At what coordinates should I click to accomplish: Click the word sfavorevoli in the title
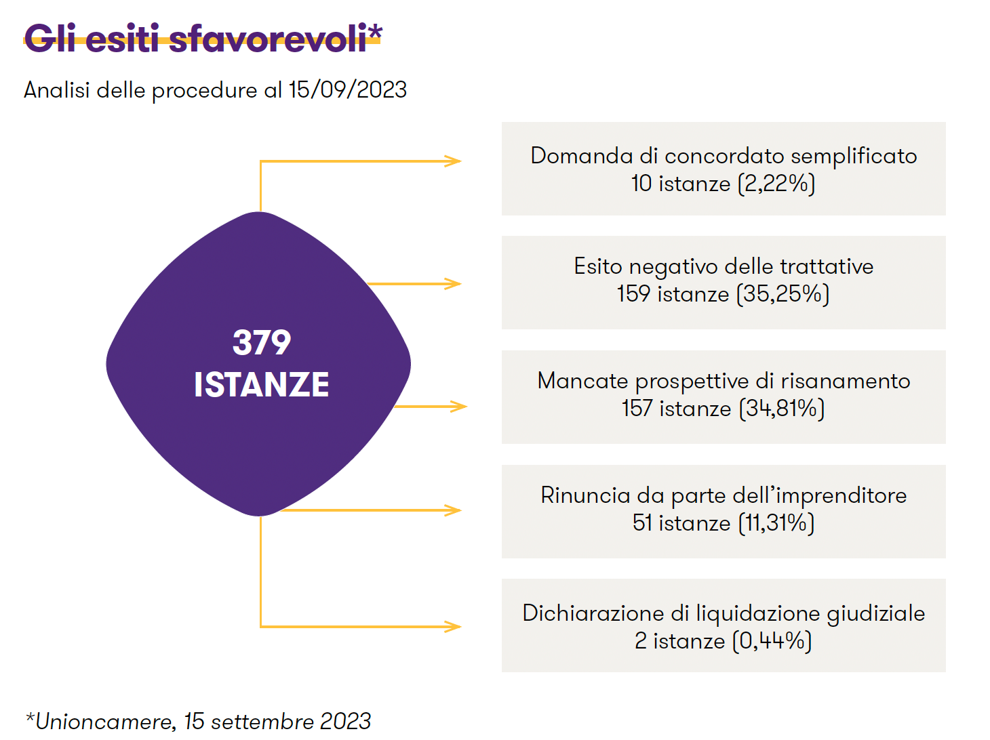[268, 38]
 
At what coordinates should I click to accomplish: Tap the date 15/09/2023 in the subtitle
[348, 89]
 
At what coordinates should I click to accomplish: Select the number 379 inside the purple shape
[262, 342]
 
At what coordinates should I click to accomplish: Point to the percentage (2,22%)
[776, 184]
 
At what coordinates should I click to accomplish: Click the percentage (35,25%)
[783, 294]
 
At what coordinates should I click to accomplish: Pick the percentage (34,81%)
[782, 409]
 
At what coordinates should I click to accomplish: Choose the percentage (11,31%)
[776, 523]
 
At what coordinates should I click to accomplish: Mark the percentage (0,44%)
[772, 641]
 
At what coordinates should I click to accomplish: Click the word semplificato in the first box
[854, 157]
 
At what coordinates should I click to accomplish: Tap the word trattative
[827, 266]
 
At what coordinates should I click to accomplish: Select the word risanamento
[846, 382]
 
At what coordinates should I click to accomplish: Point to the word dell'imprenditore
[820, 496]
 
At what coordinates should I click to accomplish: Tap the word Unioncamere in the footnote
[104, 722]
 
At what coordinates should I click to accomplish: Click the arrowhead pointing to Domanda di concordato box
[453, 161]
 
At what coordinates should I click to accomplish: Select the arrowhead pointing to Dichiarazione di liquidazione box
[453, 626]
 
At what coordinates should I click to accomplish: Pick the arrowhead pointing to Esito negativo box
[453, 284]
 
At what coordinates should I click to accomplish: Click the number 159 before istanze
[634, 294]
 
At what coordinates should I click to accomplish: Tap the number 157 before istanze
[637, 409]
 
